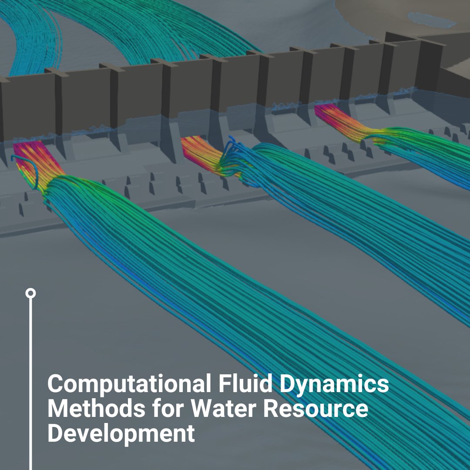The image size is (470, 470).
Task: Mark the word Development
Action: click(x=121, y=434)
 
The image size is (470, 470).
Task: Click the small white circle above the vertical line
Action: click(x=30, y=293)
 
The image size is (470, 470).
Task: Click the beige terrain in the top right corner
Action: click(x=392, y=13)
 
